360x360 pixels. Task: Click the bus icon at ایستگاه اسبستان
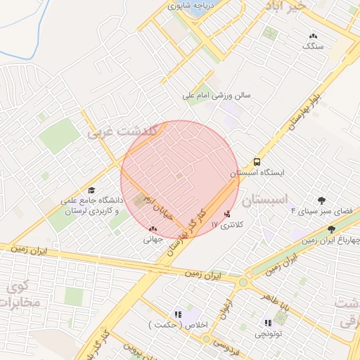pyautogui.click(x=256, y=161)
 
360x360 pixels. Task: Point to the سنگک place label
pyautogui.click(x=313, y=46)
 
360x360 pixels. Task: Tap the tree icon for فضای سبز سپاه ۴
pyautogui.click(x=321, y=200)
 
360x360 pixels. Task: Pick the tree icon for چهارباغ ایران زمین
pyautogui.click(x=331, y=230)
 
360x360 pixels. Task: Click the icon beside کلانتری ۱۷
pyautogui.click(x=226, y=214)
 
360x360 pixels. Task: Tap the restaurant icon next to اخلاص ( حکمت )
pyautogui.click(x=178, y=314)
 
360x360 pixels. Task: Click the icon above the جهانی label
pyautogui.click(x=153, y=229)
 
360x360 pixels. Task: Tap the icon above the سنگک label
pyautogui.click(x=313, y=35)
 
